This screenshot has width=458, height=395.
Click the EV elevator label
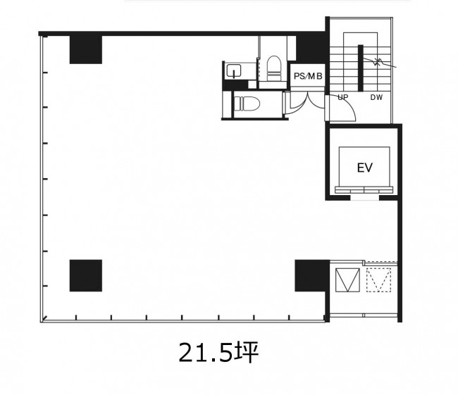coord(365,168)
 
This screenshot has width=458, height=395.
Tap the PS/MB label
coord(308,76)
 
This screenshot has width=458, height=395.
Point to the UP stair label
coord(343,97)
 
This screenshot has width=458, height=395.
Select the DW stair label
coord(376,97)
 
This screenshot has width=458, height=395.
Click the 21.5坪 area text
coord(218,352)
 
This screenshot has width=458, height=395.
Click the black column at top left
coord(86,49)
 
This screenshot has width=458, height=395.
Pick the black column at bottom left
coord(86,275)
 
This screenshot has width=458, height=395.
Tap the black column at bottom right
coord(312,275)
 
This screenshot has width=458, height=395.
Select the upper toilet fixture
coord(274,68)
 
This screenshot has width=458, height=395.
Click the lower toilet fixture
coord(247,104)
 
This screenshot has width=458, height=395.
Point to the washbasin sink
coord(234,70)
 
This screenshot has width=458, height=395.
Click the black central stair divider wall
coord(361,68)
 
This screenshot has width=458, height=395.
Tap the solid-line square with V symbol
coord(347,280)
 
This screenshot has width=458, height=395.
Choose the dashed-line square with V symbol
coord(379,280)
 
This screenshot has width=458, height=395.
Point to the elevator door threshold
coord(364,190)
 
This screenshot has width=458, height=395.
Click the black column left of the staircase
coord(311,48)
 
